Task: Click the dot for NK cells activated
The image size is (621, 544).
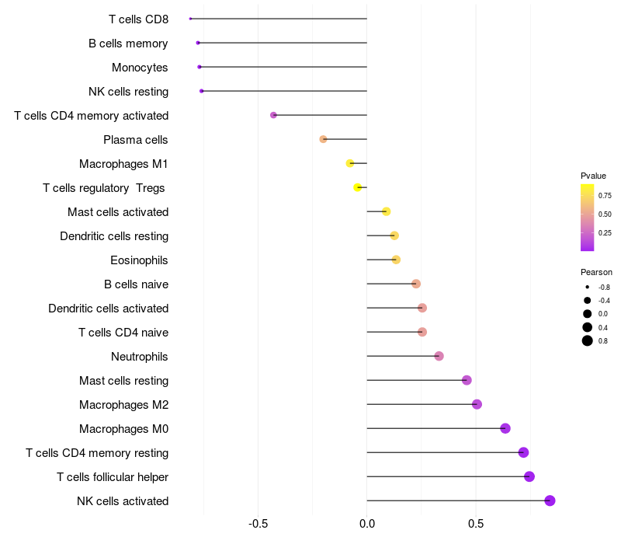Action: point(550,500)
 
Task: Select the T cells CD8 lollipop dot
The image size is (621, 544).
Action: point(190,19)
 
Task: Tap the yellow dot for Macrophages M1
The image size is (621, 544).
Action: point(350,163)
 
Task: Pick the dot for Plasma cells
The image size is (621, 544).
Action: point(323,139)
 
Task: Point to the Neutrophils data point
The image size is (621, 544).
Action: point(439,356)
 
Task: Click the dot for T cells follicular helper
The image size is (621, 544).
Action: point(529,476)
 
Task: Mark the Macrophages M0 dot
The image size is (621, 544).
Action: point(505,428)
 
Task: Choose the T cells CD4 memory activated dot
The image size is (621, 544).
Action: point(273,115)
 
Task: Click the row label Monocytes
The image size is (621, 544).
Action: point(140,68)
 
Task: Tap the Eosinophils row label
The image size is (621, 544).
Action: point(139,260)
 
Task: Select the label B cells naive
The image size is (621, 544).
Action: point(137,284)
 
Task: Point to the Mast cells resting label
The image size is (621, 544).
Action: point(124,381)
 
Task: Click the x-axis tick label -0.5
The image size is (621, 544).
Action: point(258,524)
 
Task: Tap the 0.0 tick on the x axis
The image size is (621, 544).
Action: point(367,524)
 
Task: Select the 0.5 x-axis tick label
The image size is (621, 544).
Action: point(476,524)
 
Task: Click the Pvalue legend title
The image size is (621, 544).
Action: point(593,176)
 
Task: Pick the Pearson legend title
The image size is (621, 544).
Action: point(596,273)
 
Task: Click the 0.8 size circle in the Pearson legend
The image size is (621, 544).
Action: point(588,340)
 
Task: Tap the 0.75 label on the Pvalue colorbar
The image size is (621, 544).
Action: point(605,196)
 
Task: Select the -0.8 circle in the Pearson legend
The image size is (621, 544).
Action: point(588,287)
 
